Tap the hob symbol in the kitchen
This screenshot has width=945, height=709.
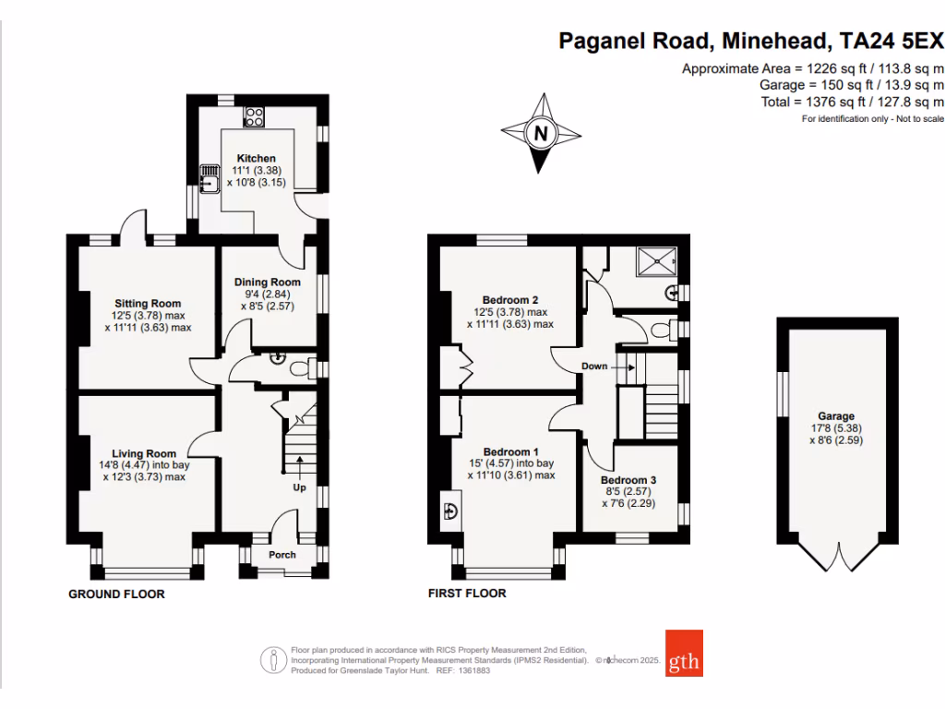[x=255, y=116]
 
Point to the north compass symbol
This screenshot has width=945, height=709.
[x=541, y=136]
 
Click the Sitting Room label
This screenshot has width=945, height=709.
[x=148, y=303]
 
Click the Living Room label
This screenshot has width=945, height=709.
[x=144, y=453]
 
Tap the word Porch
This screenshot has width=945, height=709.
[x=281, y=555]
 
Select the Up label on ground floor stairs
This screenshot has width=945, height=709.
[x=299, y=487]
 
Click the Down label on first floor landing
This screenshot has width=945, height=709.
[x=594, y=367]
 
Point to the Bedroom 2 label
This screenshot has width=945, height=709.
[x=510, y=299]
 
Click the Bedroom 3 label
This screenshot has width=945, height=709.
[x=628, y=480]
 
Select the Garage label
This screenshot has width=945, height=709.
[x=835, y=416]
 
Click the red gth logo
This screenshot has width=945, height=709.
[x=684, y=654]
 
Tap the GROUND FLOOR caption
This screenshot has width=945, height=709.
[x=117, y=595]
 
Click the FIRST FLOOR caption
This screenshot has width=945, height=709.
[x=467, y=594]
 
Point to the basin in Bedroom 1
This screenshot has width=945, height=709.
[x=452, y=511]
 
